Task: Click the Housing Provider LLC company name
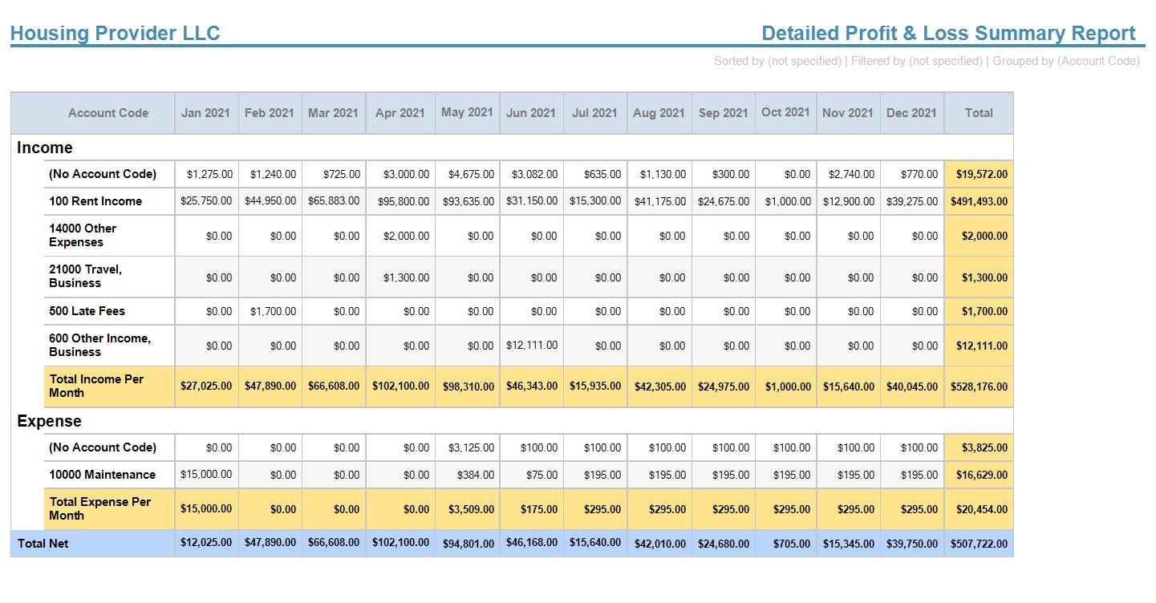(x=115, y=34)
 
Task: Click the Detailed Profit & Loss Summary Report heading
(x=948, y=34)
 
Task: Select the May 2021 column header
(x=467, y=112)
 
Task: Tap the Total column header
(x=979, y=113)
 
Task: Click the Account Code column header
(x=108, y=113)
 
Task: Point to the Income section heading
(x=45, y=148)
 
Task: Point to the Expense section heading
(x=49, y=421)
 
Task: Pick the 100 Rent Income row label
(x=95, y=201)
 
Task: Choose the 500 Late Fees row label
(x=87, y=311)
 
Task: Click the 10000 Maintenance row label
(x=102, y=475)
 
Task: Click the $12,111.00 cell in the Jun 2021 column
(x=532, y=346)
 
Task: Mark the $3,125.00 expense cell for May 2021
(x=471, y=447)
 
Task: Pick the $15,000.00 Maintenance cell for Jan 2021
(x=206, y=475)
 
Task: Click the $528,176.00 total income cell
(x=979, y=386)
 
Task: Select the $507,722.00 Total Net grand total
(x=979, y=544)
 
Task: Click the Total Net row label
(x=43, y=544)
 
